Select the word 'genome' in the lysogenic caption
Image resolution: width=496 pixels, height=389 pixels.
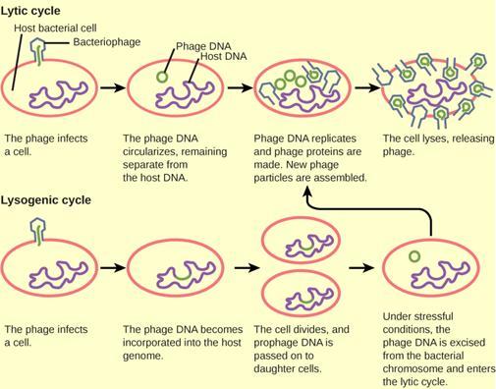[x=143, y=356]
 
